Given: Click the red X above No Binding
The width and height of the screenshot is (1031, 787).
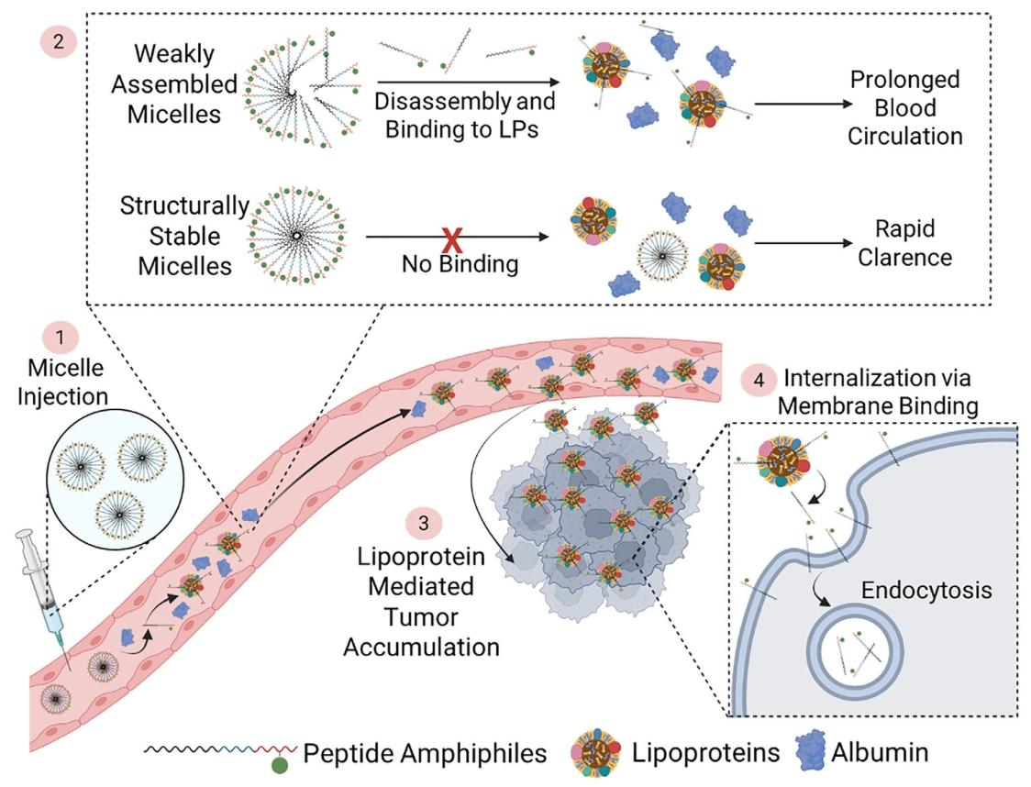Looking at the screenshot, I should point(451,240).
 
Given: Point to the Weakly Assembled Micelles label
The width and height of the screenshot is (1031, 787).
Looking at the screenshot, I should point(186,84).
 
